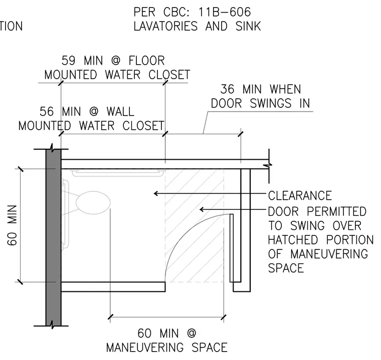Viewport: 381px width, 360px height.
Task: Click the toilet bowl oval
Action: [93, 203]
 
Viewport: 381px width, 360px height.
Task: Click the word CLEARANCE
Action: [300, 196]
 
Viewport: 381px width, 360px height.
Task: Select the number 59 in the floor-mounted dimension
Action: [69, 61]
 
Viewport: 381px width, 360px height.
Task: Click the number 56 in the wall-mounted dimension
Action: [47, 112]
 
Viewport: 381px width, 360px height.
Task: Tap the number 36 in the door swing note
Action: [228, 89]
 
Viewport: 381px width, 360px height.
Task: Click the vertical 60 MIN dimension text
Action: [12, 225]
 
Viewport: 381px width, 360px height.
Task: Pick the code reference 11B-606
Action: [225, 12]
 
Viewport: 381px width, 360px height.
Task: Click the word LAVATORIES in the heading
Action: [165, 26]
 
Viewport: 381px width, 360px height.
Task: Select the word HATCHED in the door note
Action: [293, 240]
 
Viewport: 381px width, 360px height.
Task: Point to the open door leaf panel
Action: [232, 248]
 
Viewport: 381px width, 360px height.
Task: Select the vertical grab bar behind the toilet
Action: [65, 215]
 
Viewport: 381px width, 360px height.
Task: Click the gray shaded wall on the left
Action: [54, 237]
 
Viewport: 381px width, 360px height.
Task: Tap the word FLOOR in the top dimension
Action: [146, 61]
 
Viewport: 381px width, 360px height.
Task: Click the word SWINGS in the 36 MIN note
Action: [270, 104]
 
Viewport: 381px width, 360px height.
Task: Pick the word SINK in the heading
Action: [248, 26]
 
